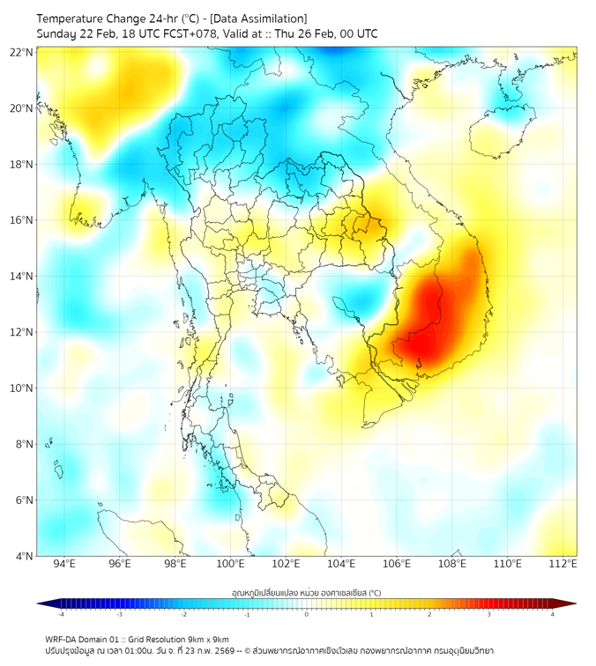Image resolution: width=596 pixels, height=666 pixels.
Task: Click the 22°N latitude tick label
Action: pyautogui.click(x=22, y=53)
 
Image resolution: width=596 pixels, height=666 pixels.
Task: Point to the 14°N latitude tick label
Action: pyautogui.click(x=22, y=277)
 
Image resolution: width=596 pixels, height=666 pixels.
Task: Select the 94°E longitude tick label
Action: pyautogui.click(x=64, y=564)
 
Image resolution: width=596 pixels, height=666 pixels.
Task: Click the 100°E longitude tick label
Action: pyautogui.click(x=231, y=564)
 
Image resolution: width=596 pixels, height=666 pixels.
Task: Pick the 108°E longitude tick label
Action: pyautogui.click(x=452, y=564)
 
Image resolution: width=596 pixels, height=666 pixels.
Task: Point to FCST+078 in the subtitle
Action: pyautogui.click(x=196, y=33)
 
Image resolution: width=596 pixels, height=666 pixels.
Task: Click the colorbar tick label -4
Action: pyautogui.click(x=60, y=614)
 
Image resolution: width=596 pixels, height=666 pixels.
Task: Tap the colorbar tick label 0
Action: pyautogui.click(x=307, y=614)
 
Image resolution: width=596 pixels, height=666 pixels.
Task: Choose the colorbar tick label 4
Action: pyautogui.click(x=552, y=614)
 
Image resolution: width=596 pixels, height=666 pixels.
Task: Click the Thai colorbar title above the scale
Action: pyautogui.click(x=306, y=592)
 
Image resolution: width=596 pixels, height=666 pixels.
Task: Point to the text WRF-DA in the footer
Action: pyautogui.click(x=63, y=639)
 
